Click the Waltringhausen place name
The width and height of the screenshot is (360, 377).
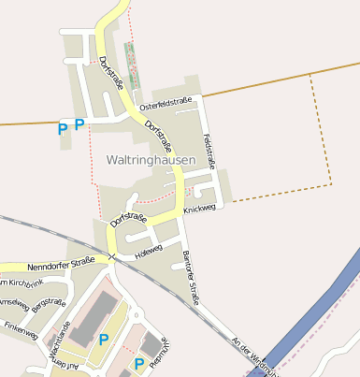[151, 160]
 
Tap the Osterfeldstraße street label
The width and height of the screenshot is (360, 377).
[165, 104]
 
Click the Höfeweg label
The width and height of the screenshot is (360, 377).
[149, 251]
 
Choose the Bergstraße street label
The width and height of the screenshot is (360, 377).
[49, 304]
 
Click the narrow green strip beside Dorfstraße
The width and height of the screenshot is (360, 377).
[133, 65]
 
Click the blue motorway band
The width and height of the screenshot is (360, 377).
[318, 309]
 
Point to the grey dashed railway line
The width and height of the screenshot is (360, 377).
[56, 234]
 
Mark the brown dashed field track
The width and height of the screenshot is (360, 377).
[329, 140]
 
